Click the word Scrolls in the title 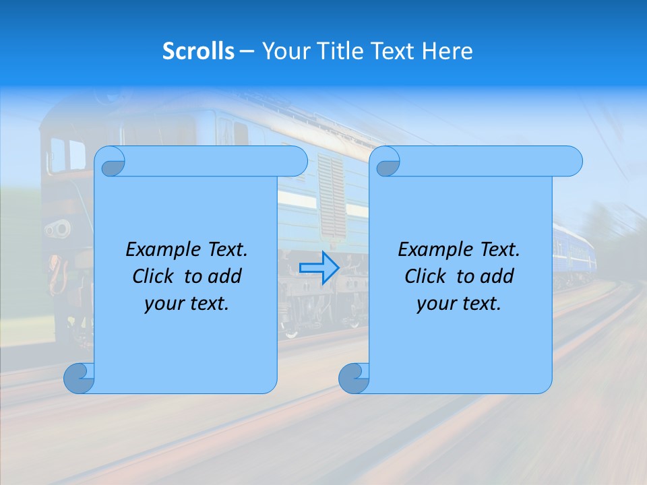(198, 51)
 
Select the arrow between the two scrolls (319, 267)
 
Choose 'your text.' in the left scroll (187, 304)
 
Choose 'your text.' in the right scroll (459, 304)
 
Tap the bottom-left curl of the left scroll (80, 378)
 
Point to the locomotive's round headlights (58, 229)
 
